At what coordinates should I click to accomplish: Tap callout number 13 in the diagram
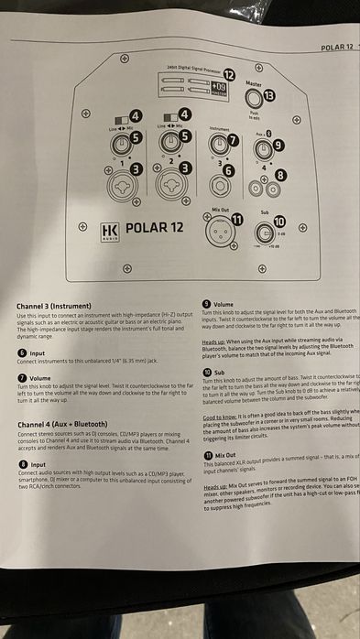click(x=268, y=94)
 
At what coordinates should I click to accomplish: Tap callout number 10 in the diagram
click(x=278, y=221)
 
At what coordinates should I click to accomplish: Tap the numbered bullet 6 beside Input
click(x=22, y=352)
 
